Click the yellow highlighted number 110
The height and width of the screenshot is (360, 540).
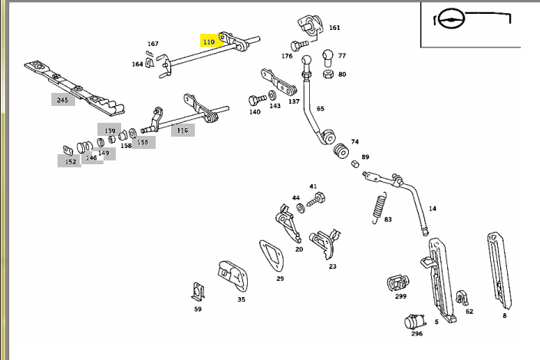coord(209,41)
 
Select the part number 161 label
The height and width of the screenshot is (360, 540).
coord(334,28)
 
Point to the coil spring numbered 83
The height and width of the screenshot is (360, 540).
coord(378,205)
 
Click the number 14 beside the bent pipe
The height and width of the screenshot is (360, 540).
coord(433,208)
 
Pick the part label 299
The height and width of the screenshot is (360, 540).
coord(400,296)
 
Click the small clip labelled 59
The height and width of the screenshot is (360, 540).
coord(197,292)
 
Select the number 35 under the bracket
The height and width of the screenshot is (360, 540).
coord(241,299)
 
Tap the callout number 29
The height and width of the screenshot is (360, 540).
coord(280,279)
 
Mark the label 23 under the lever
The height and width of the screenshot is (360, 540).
coord(332,266)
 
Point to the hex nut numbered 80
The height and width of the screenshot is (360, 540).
coord(328,74)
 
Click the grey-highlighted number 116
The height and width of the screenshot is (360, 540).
coord(182,130)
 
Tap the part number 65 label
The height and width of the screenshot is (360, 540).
coord(320,109)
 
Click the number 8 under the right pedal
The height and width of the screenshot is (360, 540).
coord(504,315)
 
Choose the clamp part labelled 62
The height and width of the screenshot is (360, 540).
coord(461,297)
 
